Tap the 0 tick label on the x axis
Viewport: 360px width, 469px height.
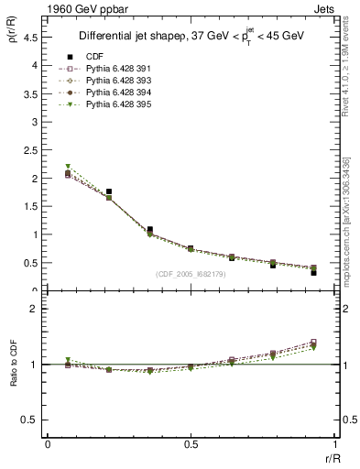click(x=48, y=442)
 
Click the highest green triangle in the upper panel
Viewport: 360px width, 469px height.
click(x=68, y=167)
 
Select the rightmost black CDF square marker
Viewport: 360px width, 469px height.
click(x=313, y=272)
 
